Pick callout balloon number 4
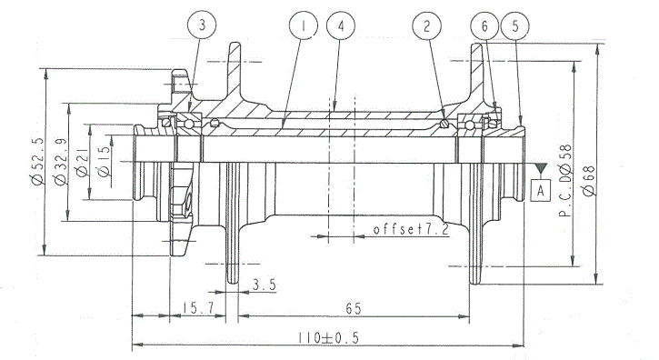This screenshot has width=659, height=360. coord(339,26)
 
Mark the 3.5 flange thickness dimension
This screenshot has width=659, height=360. coord(264,285)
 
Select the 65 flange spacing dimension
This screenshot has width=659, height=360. coord(352,308)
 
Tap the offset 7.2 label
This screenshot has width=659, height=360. coord(411,229)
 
